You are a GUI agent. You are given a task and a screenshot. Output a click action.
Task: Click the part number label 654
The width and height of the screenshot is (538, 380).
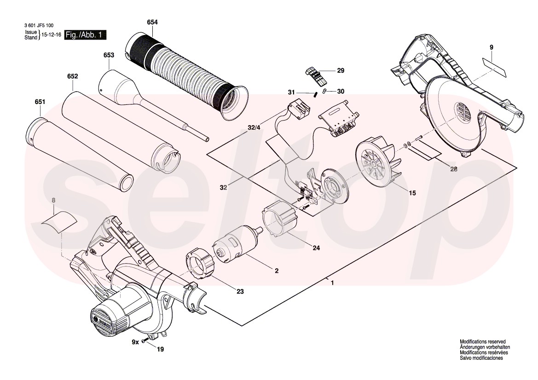click(152, 22)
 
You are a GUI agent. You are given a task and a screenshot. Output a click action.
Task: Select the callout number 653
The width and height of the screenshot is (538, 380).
click(109, 55)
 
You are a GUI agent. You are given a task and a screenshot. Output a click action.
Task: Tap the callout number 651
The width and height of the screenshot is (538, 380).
click(40, 102)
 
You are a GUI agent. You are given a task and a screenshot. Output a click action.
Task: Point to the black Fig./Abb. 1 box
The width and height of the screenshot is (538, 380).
click(86, 35)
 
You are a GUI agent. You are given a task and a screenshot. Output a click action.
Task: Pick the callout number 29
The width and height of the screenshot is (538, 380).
click(341, 71)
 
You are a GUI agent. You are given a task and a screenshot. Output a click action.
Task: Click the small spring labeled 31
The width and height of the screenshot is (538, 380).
click(315, 95)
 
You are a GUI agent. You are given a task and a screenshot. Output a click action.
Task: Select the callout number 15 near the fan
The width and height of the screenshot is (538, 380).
click(412, 193)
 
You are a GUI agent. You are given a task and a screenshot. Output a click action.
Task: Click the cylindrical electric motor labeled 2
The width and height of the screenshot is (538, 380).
click(237, 245)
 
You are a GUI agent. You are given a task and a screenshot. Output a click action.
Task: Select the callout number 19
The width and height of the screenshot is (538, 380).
click(160, 350)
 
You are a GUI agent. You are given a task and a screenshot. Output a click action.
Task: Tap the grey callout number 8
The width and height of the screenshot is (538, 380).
click(53, 200)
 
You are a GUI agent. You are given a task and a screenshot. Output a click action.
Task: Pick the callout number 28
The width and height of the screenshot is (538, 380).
click(454, 169)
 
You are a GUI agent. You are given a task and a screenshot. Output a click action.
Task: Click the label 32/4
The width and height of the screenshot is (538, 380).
click(255, 127)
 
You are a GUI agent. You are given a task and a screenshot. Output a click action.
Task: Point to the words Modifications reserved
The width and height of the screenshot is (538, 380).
click(483, 342)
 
